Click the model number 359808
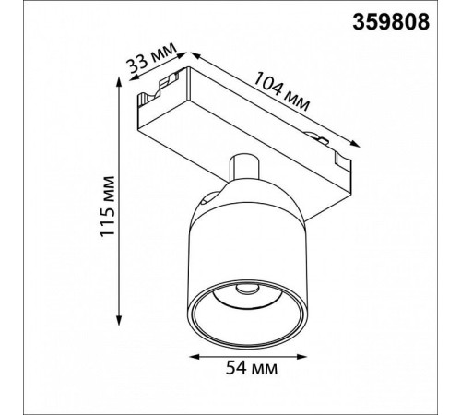point(391,22)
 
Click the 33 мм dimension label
point(152,61)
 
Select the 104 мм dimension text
point(281,91)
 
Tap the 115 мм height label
point(108,207)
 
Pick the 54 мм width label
point(252,368)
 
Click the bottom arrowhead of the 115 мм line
point(119,321)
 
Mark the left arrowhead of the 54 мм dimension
point(195,357)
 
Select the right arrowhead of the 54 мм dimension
point(301,357)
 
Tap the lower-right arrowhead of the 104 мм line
point(354,144)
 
